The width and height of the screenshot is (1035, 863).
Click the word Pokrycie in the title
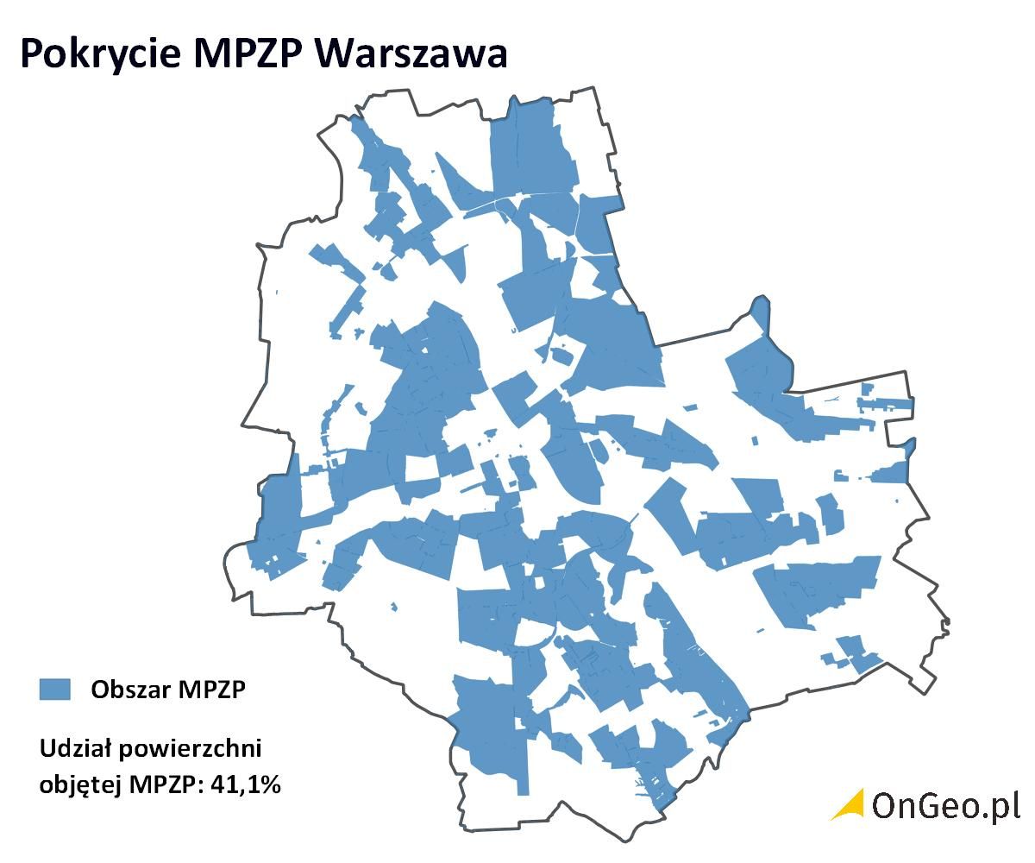coord(99,54)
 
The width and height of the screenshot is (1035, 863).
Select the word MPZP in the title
coord(249,54)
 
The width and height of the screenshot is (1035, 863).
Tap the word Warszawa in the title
coord(412,54)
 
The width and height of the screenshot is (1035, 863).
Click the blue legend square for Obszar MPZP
coord(54,689)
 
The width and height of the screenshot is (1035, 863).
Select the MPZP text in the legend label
coord(212,690)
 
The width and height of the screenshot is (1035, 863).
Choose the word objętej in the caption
coord(80,785)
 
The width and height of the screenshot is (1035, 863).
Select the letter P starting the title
coord(31,54)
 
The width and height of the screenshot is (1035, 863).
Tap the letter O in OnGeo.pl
coord(887,805)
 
